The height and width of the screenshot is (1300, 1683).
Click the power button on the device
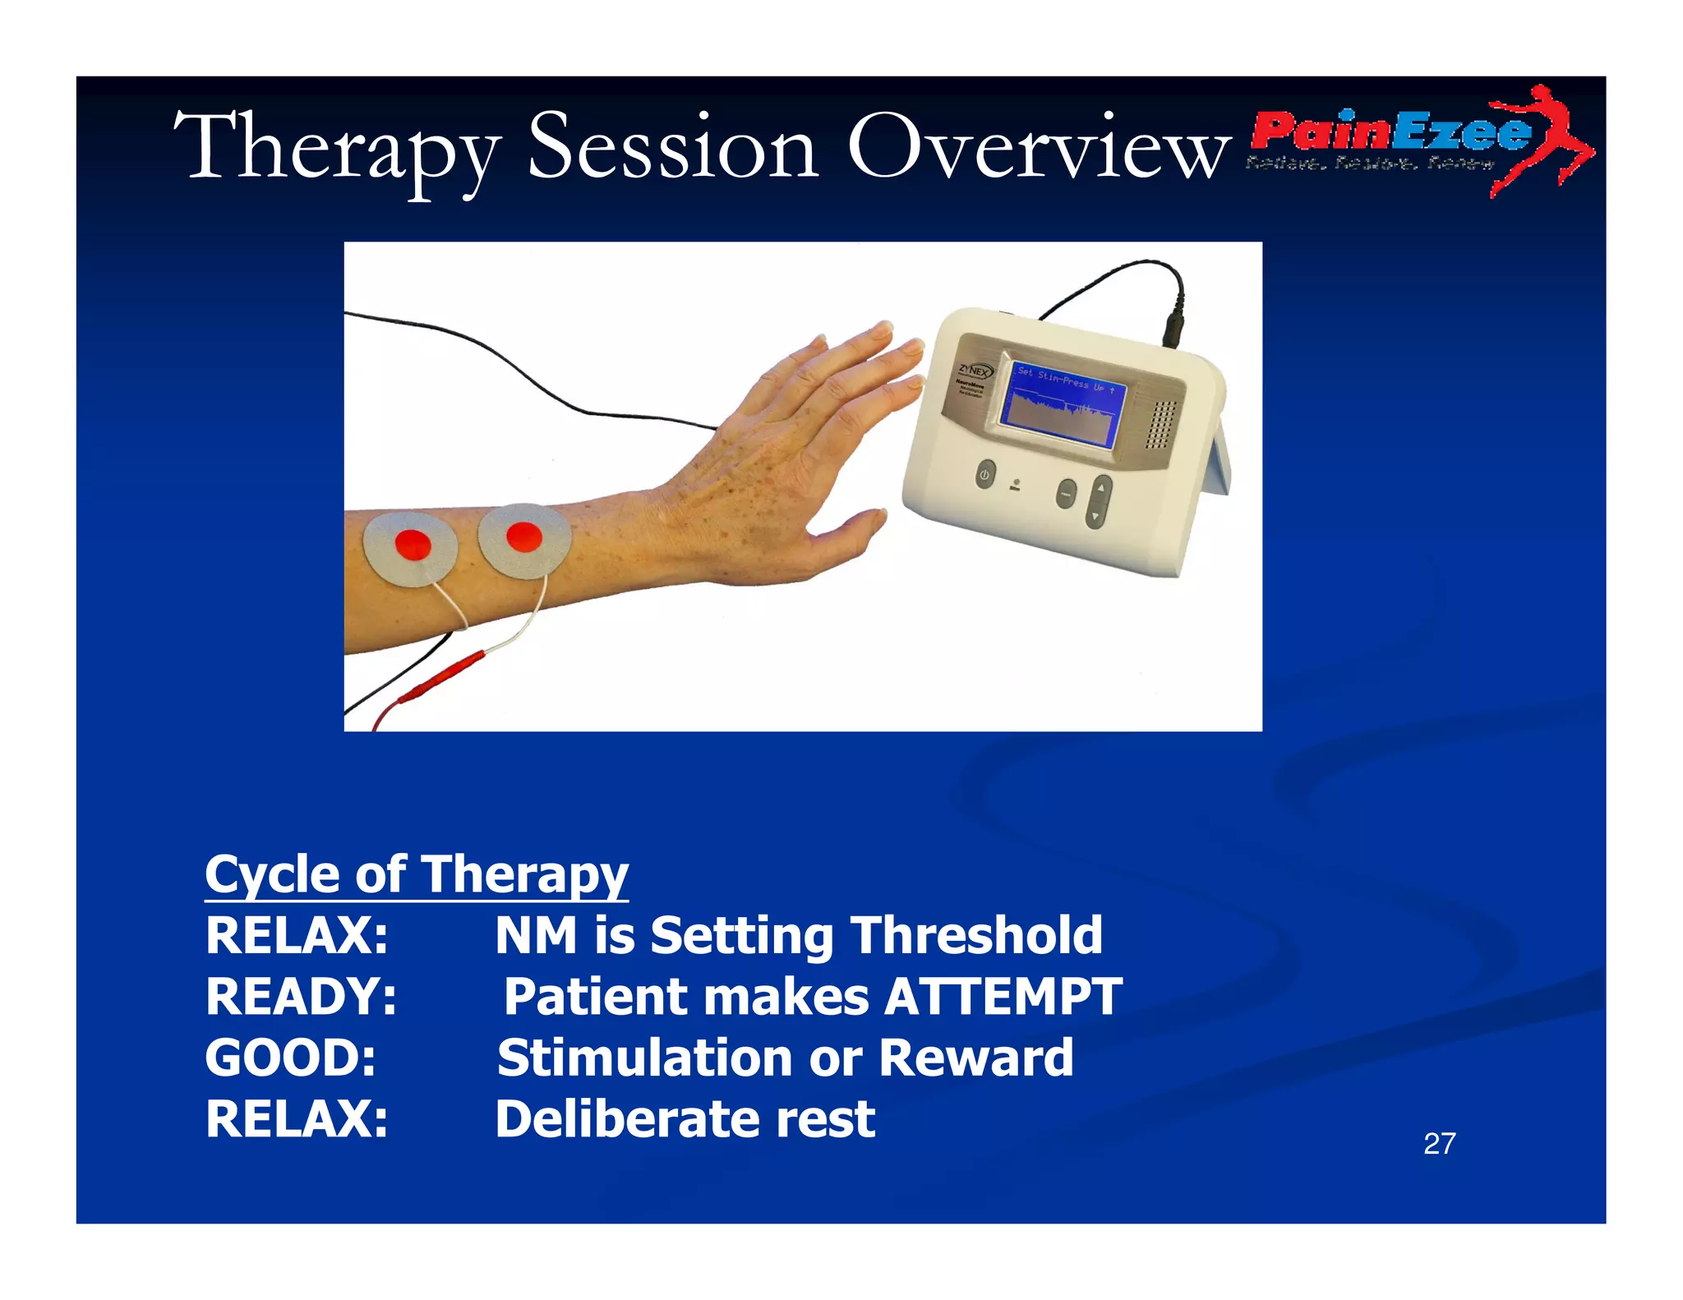[984, 475]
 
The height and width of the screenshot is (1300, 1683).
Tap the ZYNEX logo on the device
[975, 371]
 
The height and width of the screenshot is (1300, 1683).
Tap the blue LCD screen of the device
[1063, 406]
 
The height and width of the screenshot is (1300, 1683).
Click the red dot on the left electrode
[413, 544]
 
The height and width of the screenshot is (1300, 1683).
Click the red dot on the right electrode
[523, 537]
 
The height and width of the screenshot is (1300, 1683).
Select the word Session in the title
[672, 148]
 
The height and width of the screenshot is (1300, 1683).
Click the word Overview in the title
[1038, 148]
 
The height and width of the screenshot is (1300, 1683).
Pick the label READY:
[301, 997]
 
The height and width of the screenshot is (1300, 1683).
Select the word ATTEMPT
[1003, 997]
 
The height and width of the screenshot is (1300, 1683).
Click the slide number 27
[1439, 1143]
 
